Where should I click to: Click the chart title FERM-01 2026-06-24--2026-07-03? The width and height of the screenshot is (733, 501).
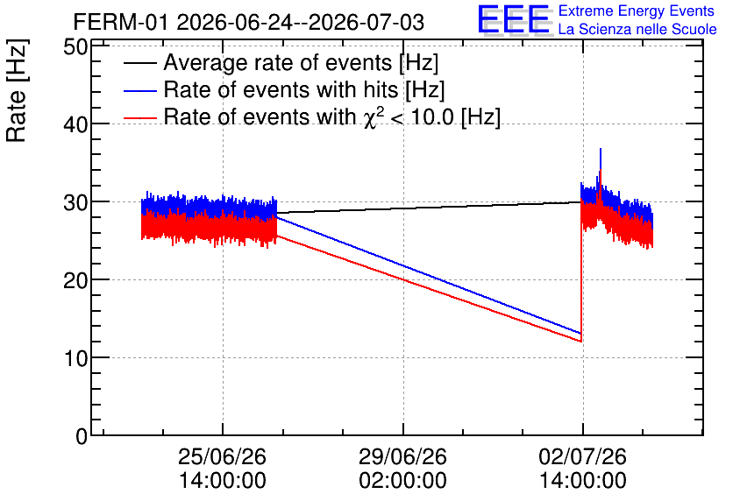(249, 23)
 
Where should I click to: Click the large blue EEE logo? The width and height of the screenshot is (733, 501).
(514, 19)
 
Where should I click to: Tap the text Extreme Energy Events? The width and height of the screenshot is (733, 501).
(637, 11)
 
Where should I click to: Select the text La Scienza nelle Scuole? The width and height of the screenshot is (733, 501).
(637, 30)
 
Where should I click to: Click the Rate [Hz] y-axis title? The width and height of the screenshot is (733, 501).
(17, 90)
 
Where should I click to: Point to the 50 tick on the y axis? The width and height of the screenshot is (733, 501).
(75, 47)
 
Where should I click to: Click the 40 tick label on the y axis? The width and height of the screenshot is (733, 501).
(75, 124)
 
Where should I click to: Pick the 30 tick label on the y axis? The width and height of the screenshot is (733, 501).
(75, 202)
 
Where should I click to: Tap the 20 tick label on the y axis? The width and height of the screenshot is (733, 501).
(75, 280)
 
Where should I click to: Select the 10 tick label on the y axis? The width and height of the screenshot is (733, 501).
(75, 358)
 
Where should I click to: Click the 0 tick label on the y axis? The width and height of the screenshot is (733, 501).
(82, 436)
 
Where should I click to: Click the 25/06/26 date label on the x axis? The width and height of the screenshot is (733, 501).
(223, 456)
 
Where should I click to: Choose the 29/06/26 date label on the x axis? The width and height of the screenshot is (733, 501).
(403, 456)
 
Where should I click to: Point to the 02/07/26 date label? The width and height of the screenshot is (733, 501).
(583, 456)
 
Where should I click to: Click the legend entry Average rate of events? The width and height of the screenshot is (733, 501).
(301, 63)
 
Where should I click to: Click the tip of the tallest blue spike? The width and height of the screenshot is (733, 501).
(601, 149)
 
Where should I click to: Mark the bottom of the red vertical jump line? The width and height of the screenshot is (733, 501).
(581, 342)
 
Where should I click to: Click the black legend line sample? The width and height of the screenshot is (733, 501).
(139, 63)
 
